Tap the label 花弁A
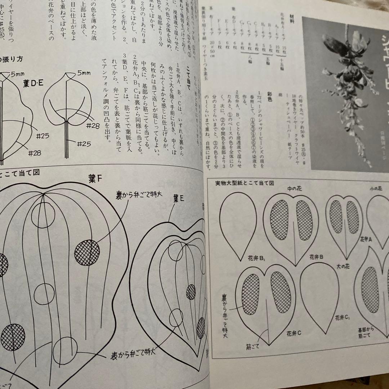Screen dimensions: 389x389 366,239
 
